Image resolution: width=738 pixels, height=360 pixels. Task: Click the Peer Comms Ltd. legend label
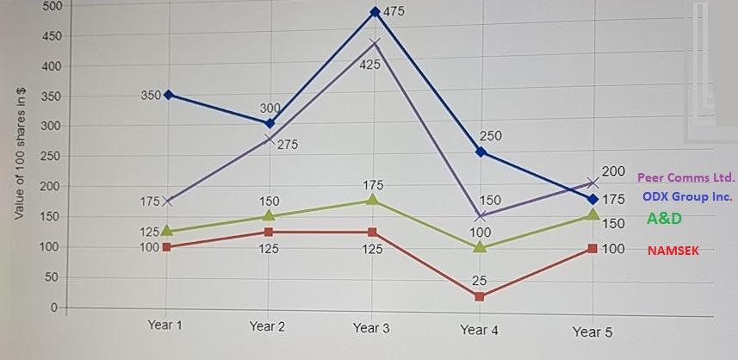(686, 177)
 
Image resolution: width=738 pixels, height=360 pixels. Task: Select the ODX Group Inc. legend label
(687, 197)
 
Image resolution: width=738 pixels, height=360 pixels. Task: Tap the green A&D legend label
(664, 219)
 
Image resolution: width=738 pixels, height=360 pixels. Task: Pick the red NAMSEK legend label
(673, 251)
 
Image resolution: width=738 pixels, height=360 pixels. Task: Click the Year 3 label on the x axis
(371, 328)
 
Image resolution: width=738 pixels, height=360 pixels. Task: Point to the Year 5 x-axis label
(592, 332)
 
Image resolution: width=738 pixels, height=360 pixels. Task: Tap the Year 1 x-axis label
(165, 325)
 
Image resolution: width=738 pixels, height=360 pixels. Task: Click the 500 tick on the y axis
(52, 6)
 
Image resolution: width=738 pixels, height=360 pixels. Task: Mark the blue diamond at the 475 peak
(375, 12)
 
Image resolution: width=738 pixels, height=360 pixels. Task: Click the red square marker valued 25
(480, 297)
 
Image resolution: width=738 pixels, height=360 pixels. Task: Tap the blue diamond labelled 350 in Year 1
(168, 95)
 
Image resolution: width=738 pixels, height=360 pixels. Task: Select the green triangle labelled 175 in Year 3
(373, 200)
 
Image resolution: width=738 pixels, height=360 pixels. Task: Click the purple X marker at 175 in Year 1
(168, 202)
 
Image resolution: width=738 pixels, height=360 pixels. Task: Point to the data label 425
(370, 65)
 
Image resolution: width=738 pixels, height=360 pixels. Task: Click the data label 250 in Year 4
(490, 136)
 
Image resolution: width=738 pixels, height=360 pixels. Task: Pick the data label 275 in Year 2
(288, 145)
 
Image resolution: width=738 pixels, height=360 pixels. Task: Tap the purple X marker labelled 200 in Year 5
(592, 183)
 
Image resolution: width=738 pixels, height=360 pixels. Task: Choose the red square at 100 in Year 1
(166, 247)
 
